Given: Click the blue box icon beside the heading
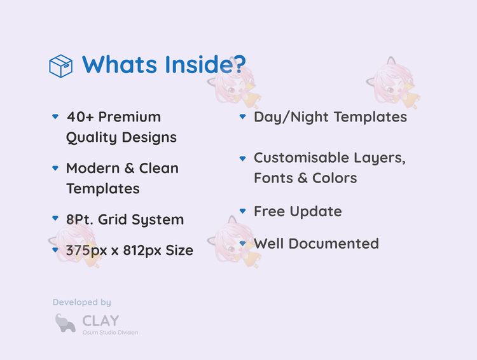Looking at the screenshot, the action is [x=61, y=66].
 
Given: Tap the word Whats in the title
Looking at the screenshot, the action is [x=120, y=64].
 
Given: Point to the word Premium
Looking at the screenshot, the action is [x=130, y=117].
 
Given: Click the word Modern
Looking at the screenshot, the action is [x=93, y=169].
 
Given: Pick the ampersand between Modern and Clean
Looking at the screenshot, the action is [x=129, y=169].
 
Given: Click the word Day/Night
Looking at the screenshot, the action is [x=291, y=118].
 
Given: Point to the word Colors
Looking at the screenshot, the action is [x=335, y=178].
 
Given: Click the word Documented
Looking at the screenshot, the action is [x=334, y=244].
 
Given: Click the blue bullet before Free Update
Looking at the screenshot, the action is [x=242, y=211].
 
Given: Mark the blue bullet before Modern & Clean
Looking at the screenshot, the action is [x=55, y=168].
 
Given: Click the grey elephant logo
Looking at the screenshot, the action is [x=65, y=323].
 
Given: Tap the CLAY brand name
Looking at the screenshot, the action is [x=100, y=321].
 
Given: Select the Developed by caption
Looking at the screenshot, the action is [x=82, y=302].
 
